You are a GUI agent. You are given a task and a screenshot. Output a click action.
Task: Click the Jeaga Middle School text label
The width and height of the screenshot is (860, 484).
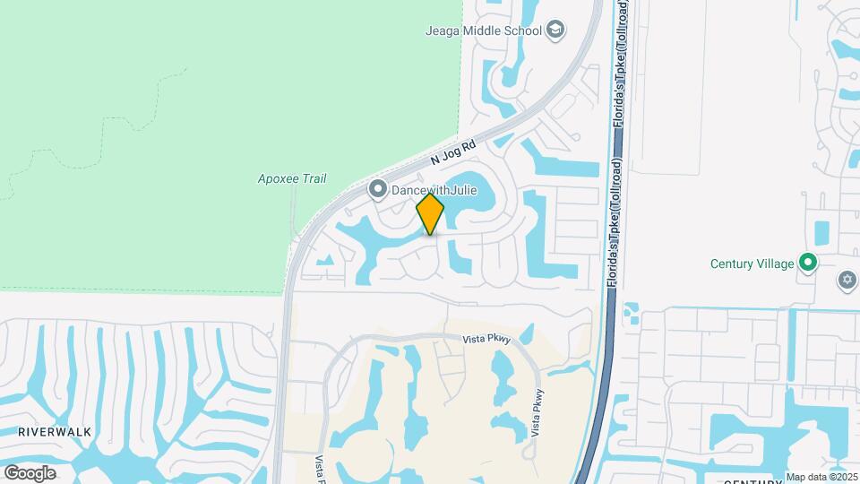pos(484,30)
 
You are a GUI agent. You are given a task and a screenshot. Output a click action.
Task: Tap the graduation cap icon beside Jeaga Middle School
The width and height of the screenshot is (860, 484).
pos(555,30)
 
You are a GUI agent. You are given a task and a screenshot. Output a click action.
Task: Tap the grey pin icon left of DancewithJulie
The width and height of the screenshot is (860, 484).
pos(378,189)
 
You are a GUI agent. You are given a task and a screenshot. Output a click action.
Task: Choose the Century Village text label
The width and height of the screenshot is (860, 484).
pos(752,264)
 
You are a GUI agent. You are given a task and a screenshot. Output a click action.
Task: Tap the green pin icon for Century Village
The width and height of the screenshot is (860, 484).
pos(808,263)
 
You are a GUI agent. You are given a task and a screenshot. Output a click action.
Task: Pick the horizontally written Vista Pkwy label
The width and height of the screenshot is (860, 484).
pos(486,339)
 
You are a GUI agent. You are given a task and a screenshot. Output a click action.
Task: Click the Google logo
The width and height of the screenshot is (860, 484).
pos(30,472)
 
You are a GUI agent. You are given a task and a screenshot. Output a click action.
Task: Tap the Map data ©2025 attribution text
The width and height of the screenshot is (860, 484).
pos(821,476)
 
